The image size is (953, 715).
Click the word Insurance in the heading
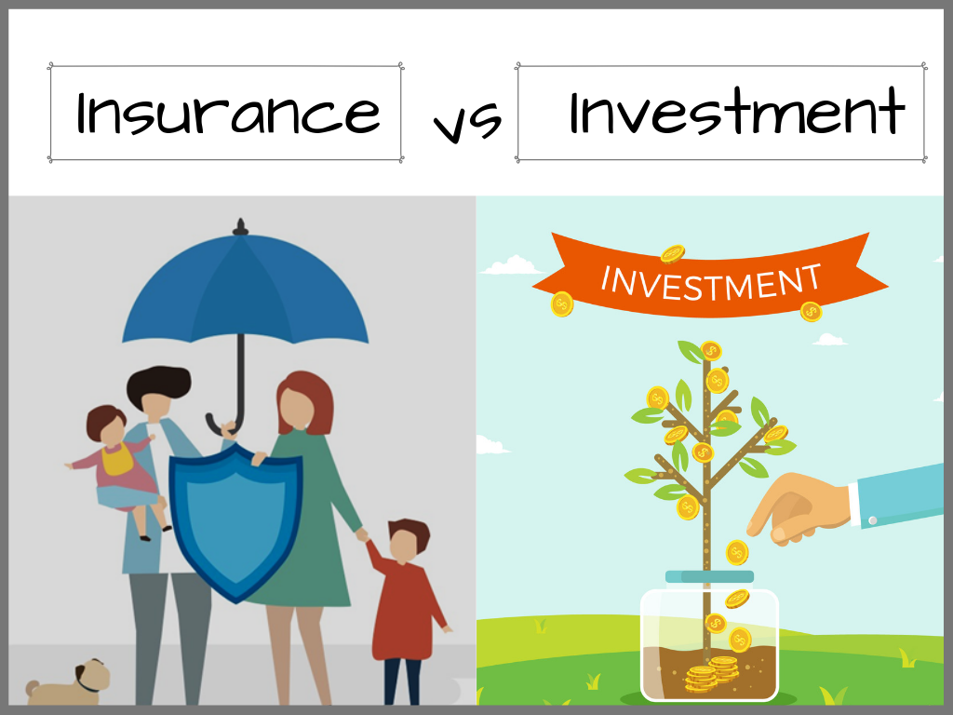(228, 113)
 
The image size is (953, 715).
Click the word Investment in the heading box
(737, 111)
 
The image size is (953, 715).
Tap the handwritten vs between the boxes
(467, 122)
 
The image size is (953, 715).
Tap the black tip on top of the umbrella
(241, 227)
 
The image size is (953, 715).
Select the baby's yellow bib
(118, 459)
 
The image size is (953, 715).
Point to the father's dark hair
(159, 384)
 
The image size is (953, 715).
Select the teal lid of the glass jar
(710, 576)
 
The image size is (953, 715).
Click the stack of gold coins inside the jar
(712, 673)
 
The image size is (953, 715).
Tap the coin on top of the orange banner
(673, 253)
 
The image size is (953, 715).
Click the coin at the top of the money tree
(710, 351)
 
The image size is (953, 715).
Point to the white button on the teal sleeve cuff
(873, 520)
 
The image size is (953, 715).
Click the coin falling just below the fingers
(737, 553)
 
